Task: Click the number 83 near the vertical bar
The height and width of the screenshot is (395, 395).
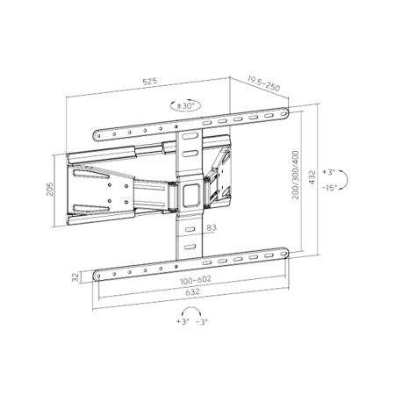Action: coord(211,228)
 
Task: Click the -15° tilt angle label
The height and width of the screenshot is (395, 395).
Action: coord(331,188)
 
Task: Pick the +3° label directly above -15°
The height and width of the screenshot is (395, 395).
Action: coord(329,171)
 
